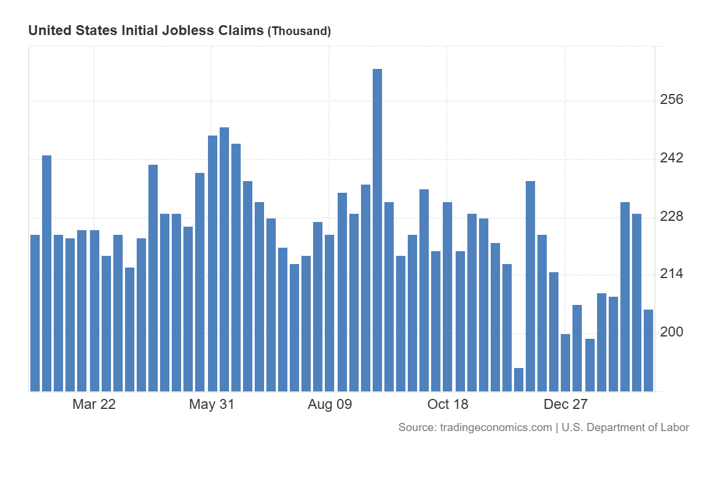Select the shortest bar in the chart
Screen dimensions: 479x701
click(x=519, y=380)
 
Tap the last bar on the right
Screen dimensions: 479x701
click(x=648, y=350)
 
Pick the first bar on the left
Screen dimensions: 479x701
click(x=35, y=313)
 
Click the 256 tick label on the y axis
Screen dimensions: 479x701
click(x=671, y=100)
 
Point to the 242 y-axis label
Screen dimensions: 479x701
click(x=671, y=158)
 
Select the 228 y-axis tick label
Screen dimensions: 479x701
click(x=671, y=217)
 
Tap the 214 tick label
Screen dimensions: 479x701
click(x=671, y=274)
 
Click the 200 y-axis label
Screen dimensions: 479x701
click(x=671, y=332)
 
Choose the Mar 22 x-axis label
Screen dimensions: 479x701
click(x=94, y=405)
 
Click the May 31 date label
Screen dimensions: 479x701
click(x=211, y=405)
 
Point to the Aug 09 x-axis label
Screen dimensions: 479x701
click(x=330, y=405)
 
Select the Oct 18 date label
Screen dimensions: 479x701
click(x=448, y=405)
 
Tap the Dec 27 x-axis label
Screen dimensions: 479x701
click(x=565, y=405)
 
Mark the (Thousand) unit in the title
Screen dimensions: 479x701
click(x=299, y=31)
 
